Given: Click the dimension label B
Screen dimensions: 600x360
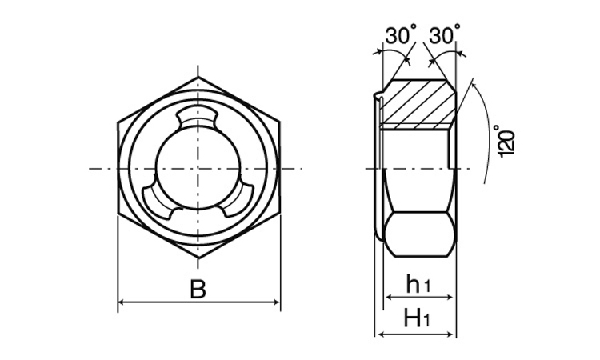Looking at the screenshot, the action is pyautogui.click(x=198, y=290).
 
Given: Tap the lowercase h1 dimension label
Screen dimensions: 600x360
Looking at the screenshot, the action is pyautogui.click(x=418, y=284).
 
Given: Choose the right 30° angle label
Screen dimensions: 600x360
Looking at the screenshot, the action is pyautogui.click(x=444, y=34).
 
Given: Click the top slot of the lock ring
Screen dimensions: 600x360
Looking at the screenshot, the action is pyautogui.click(x=198, y=118).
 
